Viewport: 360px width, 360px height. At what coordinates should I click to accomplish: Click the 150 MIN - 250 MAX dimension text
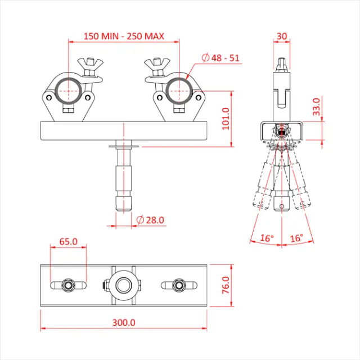coord(124,36)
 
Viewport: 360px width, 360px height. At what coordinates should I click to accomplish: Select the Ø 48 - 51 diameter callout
coord(220,57)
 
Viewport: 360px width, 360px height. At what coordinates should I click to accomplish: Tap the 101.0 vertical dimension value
coord(226,118)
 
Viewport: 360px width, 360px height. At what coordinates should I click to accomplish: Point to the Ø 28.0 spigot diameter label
coord(150,220)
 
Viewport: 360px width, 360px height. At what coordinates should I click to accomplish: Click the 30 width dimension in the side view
coord(282,36)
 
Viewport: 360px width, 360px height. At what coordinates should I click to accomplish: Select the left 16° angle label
coord(267,238)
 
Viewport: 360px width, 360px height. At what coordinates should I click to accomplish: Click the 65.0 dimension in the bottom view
coord(68,242)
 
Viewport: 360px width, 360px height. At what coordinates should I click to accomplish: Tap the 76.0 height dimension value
coord(226,285)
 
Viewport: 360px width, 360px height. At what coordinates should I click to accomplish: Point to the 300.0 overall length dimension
coord(124,323)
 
